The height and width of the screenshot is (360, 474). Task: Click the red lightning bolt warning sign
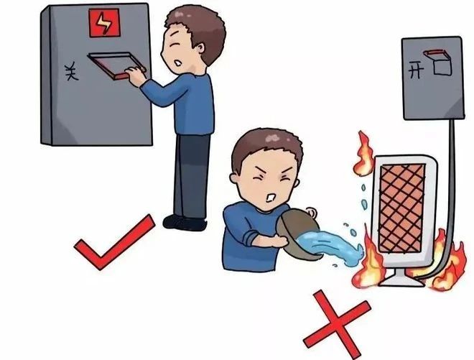pyautogui.click(x=104, y=25)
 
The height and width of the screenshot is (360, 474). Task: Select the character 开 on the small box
pyautogui.click(x=416, y=69)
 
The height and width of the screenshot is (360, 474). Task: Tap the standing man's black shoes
pyautogui.click(x=183, y=222)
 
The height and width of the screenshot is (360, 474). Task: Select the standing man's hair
pyautogui.click(x=196, y=25)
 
